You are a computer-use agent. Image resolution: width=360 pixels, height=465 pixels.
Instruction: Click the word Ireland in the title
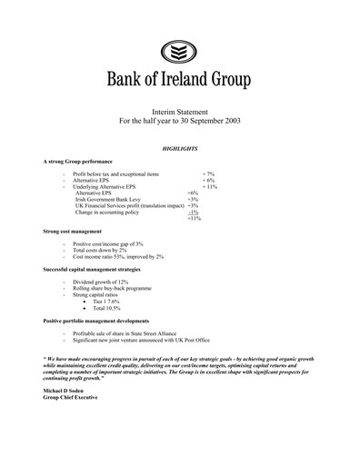coord(185,79)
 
